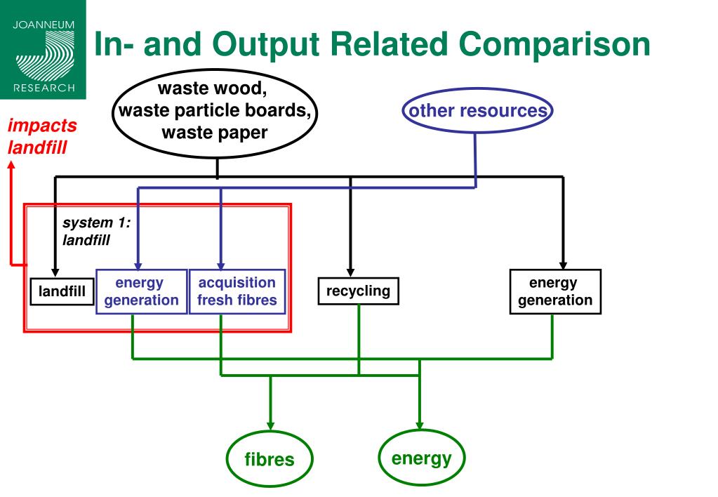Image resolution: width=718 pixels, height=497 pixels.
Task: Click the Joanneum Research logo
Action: click(x=43, y=49)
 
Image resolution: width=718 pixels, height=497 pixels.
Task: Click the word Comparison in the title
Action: click(x=554, y=44)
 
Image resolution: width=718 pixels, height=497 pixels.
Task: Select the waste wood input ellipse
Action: click(x=215, y=113)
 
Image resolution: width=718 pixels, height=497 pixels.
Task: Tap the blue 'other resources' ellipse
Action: click(x=477, y=110)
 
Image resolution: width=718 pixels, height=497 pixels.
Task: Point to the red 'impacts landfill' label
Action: click(x=41, y=136)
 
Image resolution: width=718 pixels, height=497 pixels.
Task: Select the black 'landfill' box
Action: click(x=62, y=291)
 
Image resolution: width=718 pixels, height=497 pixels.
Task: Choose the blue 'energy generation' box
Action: click(x=142, y=291)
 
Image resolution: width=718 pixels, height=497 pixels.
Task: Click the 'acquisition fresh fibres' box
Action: click(x=237, y=291)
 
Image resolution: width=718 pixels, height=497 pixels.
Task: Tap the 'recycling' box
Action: click(x=358, y=291)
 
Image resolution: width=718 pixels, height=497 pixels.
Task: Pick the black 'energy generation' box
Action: click(x=555, y=291)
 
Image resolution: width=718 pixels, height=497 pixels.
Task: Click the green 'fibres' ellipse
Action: click(x=270, y=458)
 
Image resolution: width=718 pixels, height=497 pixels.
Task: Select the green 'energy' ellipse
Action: click(x=421, y=458)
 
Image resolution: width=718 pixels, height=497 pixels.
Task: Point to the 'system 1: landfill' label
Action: click(x=97, y=231)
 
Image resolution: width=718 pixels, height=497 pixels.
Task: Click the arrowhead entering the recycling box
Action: click(x=350, y=272)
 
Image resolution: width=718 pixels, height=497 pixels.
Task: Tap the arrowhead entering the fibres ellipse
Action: click(x=270, y=426)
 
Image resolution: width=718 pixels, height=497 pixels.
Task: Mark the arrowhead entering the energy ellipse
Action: click(x=420, y=425)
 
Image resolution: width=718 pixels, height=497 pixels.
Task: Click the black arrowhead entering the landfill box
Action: click(x=55, y=273)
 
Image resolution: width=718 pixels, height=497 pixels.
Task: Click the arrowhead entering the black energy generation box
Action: click(x=563, y=265)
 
